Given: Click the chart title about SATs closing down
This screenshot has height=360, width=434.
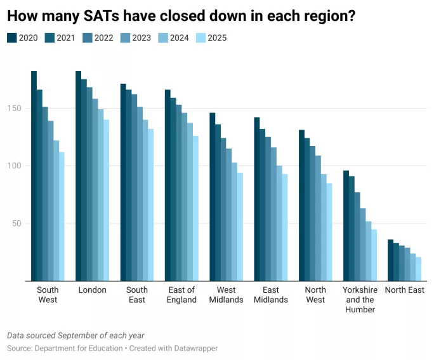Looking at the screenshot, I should click(181, 16).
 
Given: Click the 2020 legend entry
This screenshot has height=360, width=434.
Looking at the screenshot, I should click(23, 38).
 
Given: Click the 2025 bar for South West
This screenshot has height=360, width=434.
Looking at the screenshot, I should click(62, 216).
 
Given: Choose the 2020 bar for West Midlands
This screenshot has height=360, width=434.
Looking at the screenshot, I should click(213, 197).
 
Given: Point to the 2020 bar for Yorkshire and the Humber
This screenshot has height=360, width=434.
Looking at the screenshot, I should click(346, 225).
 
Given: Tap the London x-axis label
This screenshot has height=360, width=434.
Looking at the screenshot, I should click(92, 290).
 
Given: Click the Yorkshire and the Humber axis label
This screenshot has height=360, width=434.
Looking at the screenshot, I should click(360, 300).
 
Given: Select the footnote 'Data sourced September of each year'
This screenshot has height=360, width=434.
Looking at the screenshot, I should click(76, 335).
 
